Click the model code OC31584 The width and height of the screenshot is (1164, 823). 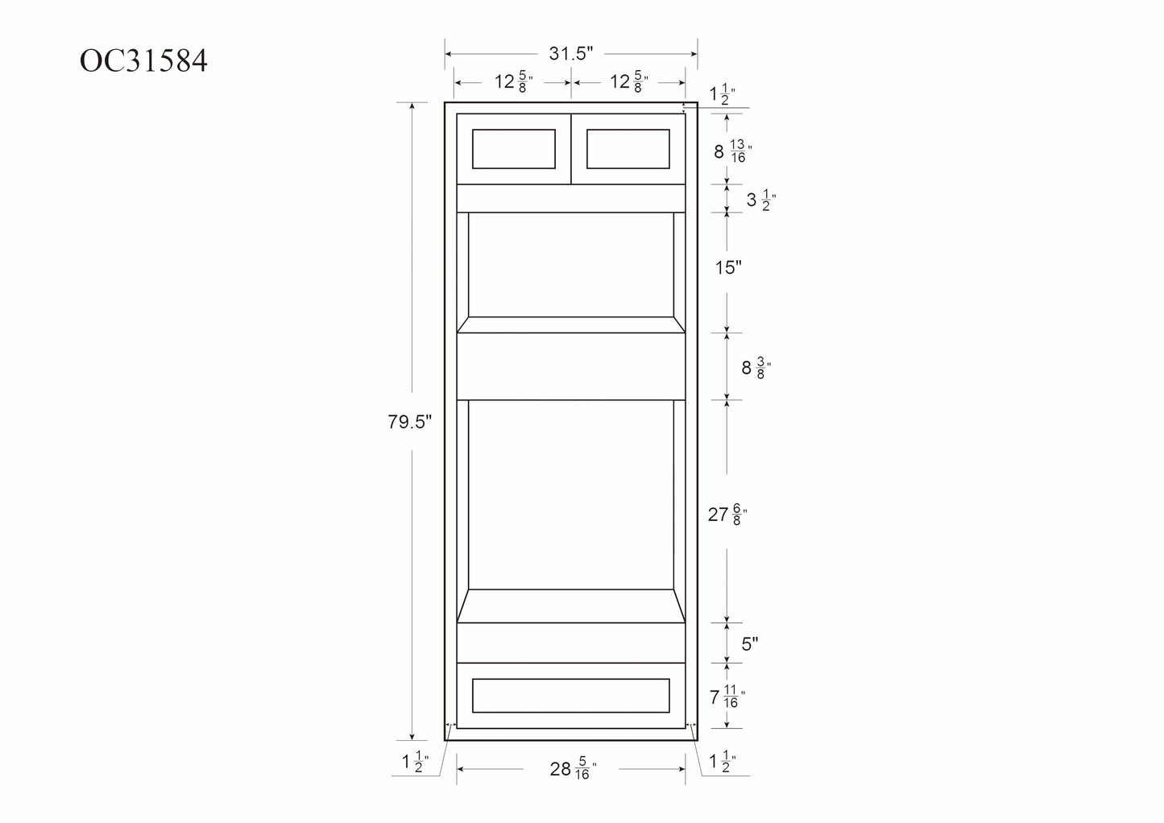pos(143,60)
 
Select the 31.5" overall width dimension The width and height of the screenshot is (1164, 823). pos(571,53)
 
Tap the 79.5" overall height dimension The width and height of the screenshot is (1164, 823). pos(409,421)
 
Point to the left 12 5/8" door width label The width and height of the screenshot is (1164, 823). pos(513,82)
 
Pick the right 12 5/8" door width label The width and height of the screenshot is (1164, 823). pos(629,82)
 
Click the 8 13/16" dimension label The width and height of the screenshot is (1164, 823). pos(733,151)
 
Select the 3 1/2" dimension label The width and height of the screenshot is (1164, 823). pos(761,200)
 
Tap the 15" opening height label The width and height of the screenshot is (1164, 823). pos(728,267)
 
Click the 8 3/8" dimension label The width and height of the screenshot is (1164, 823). pos(756,368)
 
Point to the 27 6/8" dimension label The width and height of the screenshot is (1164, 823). pos(727,515)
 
